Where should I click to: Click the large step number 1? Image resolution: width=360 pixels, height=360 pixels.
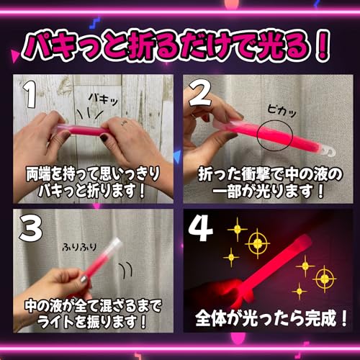click(30, 94)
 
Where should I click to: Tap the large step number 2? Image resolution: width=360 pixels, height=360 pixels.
click(200, 93)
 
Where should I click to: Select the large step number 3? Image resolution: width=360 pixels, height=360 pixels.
click(31, 228)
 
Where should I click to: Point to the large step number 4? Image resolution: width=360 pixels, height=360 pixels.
click(201, 228)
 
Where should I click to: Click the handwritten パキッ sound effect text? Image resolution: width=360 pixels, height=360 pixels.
click(104, 99)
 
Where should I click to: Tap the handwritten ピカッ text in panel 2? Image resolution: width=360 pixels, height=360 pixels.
click(282, 112)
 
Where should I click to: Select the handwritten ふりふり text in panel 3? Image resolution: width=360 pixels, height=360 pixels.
click(79, 247)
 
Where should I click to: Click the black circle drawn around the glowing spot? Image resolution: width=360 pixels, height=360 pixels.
click(257, 135)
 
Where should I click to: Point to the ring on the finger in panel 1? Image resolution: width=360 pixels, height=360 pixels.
click(124, 123)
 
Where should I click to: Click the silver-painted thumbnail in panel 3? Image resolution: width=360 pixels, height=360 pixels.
click(84, 279)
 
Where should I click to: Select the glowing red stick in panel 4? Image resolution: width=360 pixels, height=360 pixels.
click(271, 268)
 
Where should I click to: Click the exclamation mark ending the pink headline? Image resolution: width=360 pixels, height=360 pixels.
click(323, 47)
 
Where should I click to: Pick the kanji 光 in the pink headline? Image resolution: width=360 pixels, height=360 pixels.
click(273, 46)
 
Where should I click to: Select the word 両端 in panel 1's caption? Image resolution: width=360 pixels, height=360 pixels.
click(38, 174)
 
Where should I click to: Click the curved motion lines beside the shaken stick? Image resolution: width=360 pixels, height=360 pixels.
click(127, 269)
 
